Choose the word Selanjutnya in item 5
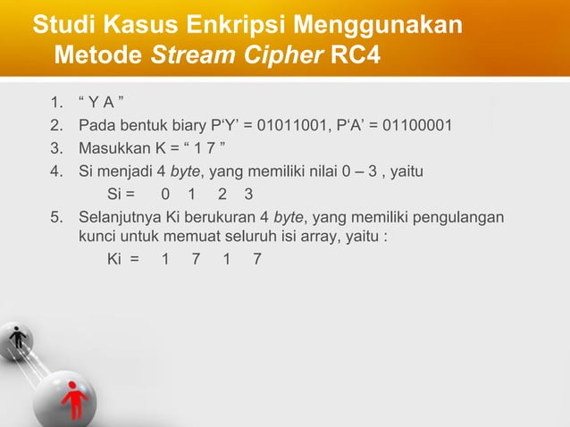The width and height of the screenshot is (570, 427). [x=121, y=218]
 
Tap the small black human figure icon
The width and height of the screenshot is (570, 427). [x=18, y=340]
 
